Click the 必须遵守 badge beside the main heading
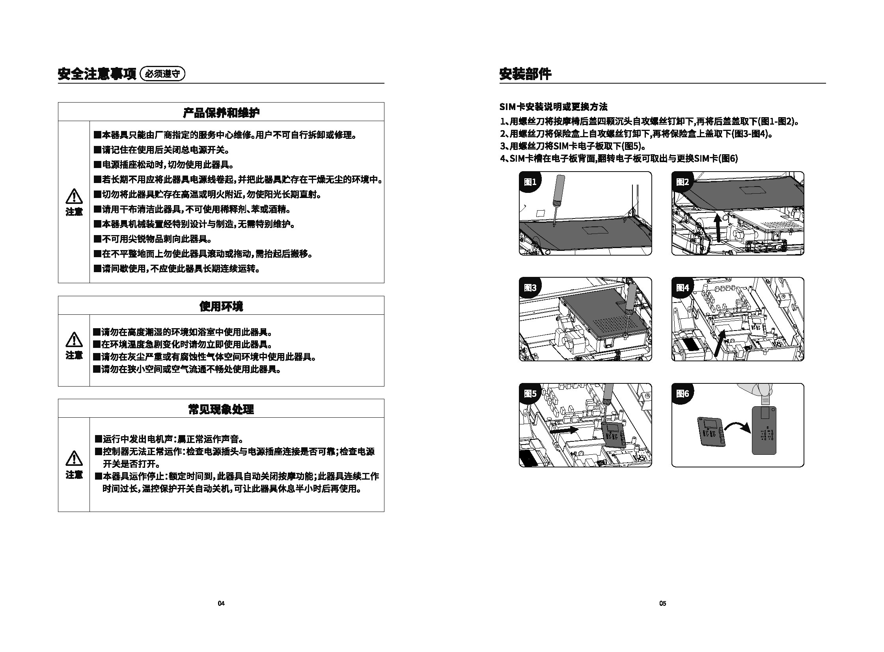pyautogui.click(x=162, y=74)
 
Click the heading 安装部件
pyautogui.click(x=525, y=74)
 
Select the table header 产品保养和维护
pyautogui.click(x=221, y=112)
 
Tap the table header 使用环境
pyautogui.click(x=221, y=306)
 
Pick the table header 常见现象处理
pyautogui.click(x=221, y=409)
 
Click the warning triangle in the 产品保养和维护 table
pyautogui.click(x=74, y=196)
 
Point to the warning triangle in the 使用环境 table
pyautogui.click(x=74, y=340)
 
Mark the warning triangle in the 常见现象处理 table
pyautogui.click(x=74, y=458)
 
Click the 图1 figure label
pyautogui.click(x=530, y=182)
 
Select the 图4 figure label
pyautogui.click(x=683, y=288)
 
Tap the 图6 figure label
pyautogui.click(x=683, y=394)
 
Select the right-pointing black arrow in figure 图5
pyautogui.click(x=564, y=430)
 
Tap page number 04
pyautogui.click(x=221, y=603)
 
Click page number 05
pyautogui.click(x=663, y=603)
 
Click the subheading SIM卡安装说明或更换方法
pyautogui.click(x=554, y=106)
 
